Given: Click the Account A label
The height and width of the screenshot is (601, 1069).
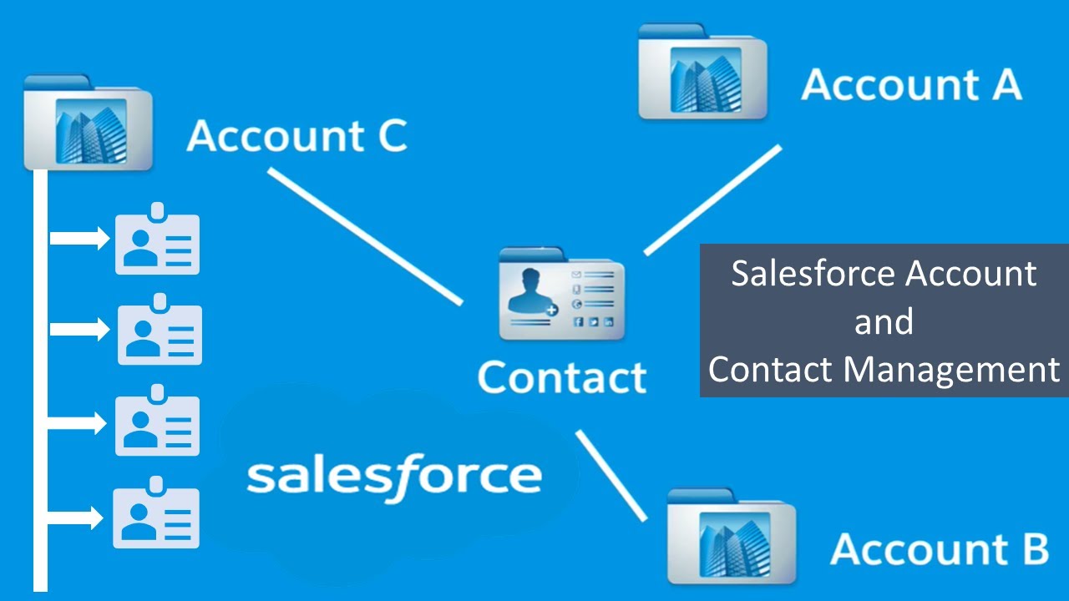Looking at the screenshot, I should click(x=911, y=85).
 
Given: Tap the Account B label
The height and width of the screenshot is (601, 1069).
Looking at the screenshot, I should click(x=940, y=549).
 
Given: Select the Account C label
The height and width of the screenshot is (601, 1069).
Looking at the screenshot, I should click(x=296, y=136).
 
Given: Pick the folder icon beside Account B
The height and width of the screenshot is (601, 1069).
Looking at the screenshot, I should click(x=732, y=536).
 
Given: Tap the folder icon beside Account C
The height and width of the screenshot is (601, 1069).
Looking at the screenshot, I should click(x=88, y=123).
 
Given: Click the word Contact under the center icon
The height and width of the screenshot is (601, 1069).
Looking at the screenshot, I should click(x=561, y=377).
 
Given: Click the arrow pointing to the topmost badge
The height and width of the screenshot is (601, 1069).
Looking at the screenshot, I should click(x=80, y=240).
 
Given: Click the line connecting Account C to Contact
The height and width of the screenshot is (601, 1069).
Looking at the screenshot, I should click(x=365, y=236).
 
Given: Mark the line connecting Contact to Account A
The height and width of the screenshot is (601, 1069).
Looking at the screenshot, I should click(x=712, y=199).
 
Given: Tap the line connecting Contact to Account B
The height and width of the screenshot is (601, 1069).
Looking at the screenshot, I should click(x=611, y=475).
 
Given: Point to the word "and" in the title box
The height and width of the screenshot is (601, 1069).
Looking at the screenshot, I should click(x=884, y=321).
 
